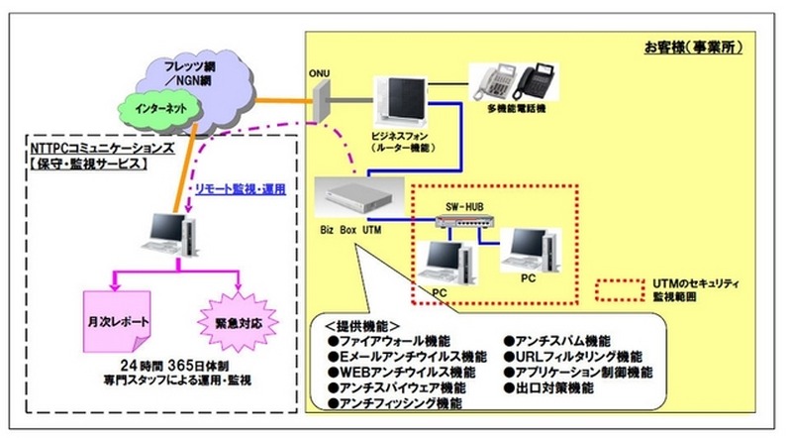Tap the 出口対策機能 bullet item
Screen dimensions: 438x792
pyautogui.click(x=558, y=388)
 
